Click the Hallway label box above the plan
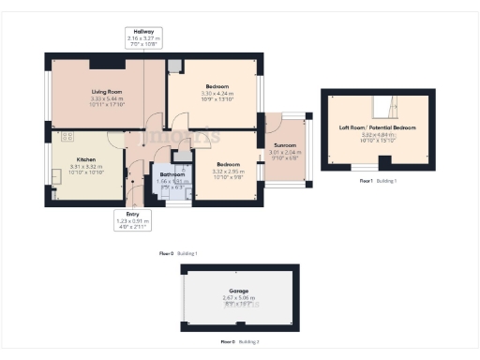tap(143, 37)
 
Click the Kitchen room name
tap(61, 160)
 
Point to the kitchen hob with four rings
tap(67, 138)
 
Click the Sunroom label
tap(283, 145)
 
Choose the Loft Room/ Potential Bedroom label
tap(377, 127)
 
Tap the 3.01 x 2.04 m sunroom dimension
tap(283, 152)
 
